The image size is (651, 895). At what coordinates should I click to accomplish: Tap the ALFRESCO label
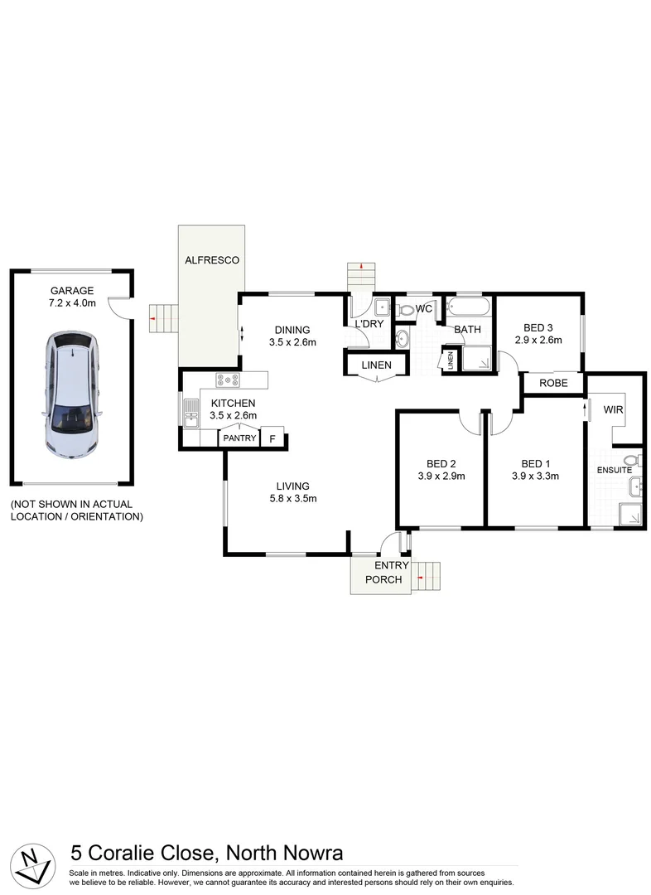(x=212, y=260)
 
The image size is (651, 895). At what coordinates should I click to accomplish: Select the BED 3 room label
(x=538, y=327)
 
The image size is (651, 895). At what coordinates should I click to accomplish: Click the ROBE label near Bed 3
(x=552, y=384)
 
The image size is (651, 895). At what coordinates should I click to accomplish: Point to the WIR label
(x=613, y=410)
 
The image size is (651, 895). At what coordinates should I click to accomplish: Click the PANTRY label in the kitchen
(x=239, y=438)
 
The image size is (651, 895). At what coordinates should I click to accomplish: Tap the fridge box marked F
(x=272, y=438)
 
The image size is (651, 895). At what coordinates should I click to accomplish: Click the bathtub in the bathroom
(x=466, y=309)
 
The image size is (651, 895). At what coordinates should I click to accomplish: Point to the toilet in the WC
(x=405, y=310)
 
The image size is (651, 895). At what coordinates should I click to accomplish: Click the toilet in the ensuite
(x=631, y=460)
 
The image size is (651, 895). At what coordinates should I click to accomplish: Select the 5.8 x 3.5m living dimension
(x=293, y=498)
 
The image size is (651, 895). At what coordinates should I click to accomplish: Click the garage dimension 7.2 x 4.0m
(x=72, y=302)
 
